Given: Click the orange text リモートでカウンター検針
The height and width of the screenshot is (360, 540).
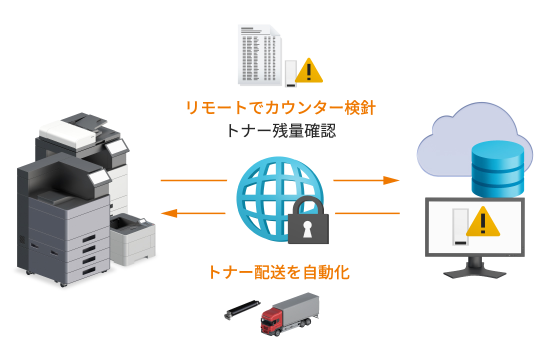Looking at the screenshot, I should coord(280,107).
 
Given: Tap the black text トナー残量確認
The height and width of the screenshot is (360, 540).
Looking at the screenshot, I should coord(280,131).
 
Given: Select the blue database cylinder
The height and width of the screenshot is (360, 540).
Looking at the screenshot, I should coord(498,167).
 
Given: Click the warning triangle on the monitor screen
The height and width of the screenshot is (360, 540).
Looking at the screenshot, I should coord(483,222).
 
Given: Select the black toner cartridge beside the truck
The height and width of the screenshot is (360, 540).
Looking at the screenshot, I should coord(242,309).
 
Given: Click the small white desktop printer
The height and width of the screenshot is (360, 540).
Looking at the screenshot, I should coord(132,239).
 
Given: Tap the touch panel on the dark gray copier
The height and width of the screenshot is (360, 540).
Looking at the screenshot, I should coord(98,175).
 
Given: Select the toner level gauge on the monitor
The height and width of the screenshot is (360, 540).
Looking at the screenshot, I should coord(459,227).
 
